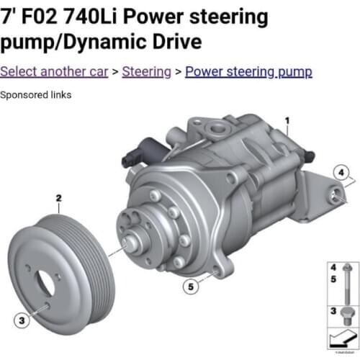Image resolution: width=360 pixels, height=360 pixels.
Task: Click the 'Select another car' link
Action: (x=54, y=71)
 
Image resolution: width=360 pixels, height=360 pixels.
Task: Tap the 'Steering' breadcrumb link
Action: (x=146, y=71)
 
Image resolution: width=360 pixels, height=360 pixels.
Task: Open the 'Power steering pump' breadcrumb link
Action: (x=248, y=71)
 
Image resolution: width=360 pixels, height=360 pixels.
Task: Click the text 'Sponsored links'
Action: (x=35, y=94)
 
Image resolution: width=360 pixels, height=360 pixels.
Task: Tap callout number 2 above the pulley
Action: (x=59, y=197)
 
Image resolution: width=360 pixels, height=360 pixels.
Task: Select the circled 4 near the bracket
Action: (x=342, y=172)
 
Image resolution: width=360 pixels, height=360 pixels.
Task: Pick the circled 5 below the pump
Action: (x=190, y=287)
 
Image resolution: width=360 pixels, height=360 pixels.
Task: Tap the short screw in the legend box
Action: (x=346, y=315)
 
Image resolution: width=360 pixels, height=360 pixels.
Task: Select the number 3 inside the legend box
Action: (x=333, y=310)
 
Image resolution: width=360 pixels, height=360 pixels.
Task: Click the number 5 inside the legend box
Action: (x=333, y=277)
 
